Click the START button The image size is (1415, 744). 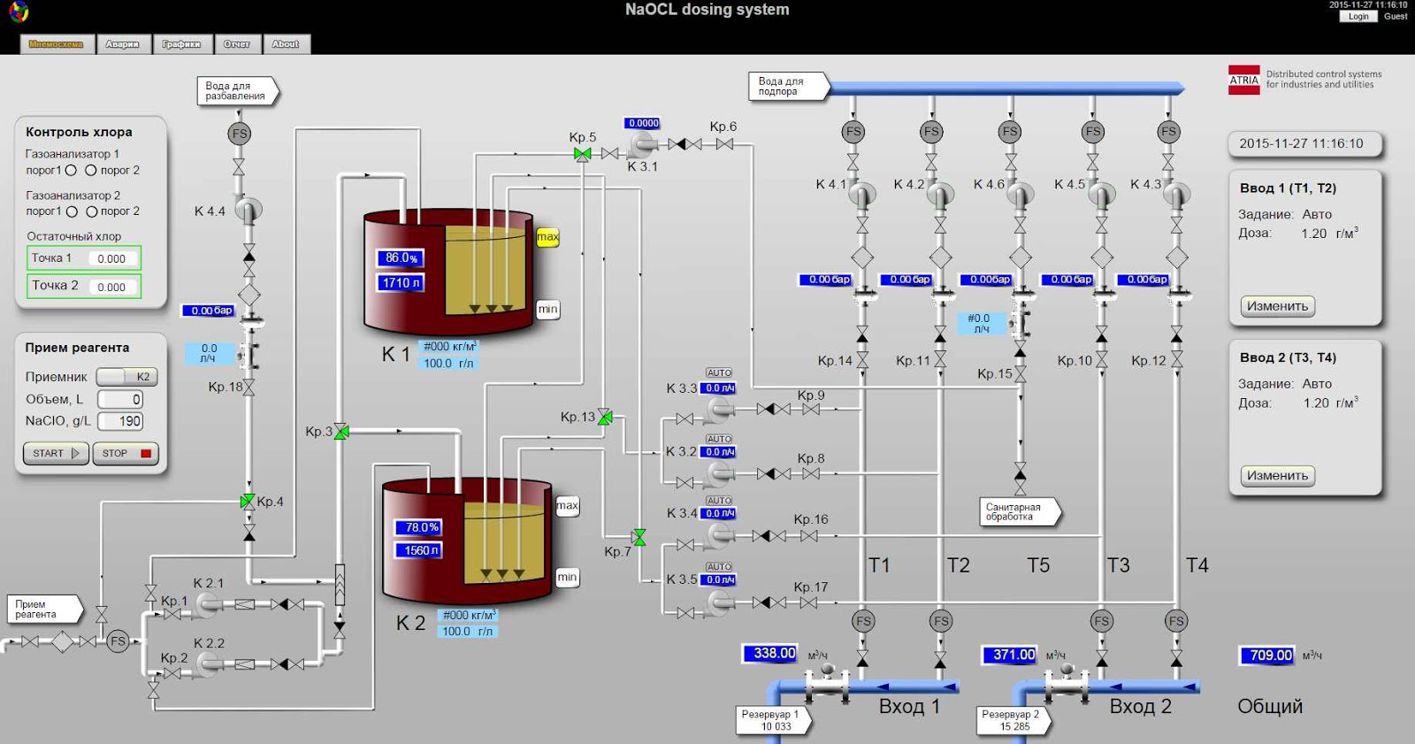tap(55, 453)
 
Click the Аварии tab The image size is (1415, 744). tap(122, 44)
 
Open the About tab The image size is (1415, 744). tap(285, 44)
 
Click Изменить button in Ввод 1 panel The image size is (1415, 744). tap(1277, 306)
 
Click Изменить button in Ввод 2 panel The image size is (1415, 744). tap(1277, 476)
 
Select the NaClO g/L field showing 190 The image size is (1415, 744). tap(120, 421)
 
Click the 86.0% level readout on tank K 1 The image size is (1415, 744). tap(401, 258)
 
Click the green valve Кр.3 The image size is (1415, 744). tap(341, 432)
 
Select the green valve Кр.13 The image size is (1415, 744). tap(605, 417)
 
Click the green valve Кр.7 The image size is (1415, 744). tap(639, 537)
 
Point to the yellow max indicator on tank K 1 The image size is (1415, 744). tap(547, 237)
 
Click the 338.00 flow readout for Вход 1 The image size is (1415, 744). tap(770, 654)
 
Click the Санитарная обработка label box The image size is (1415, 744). tap(1017, 512)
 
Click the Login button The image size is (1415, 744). tap(1358, 16)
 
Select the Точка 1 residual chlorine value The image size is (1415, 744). tap(111, 258)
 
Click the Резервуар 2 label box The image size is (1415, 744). tap(1012, 720)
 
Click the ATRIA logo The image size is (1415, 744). tap(1243, 81)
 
